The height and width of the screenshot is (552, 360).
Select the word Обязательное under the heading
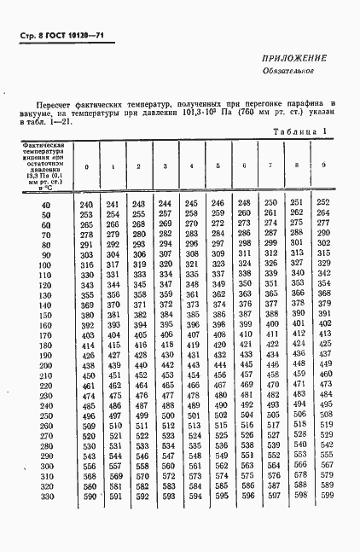[299, 71]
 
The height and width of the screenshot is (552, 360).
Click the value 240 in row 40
[86, 206]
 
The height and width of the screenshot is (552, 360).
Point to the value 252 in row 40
[324, 202]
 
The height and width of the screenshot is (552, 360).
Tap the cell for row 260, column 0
[86, 437]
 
